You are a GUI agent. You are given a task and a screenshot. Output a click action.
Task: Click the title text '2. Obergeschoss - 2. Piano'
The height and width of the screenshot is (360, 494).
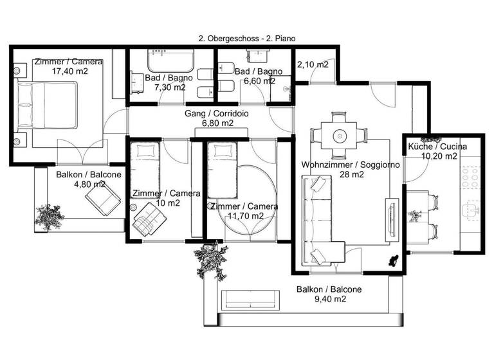(x=247, y=39)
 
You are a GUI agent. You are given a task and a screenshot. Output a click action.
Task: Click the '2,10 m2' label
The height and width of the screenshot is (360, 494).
(x=313, y=64)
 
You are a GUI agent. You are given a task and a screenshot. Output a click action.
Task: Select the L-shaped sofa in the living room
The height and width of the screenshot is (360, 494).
(x=322, y=222)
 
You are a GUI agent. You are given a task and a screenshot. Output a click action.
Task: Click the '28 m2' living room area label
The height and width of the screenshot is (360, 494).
(x=351, y=174)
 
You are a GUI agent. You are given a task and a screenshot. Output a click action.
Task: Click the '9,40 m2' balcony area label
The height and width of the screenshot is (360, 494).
(x=329, y=299)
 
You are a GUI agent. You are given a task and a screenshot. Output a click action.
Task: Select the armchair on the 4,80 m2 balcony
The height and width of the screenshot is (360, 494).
(x=102, y=197)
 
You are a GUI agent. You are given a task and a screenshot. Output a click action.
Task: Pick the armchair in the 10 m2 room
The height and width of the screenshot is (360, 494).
(x=147, y=219)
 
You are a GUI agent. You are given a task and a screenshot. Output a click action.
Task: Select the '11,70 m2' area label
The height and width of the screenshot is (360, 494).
(x=245, y=216)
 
